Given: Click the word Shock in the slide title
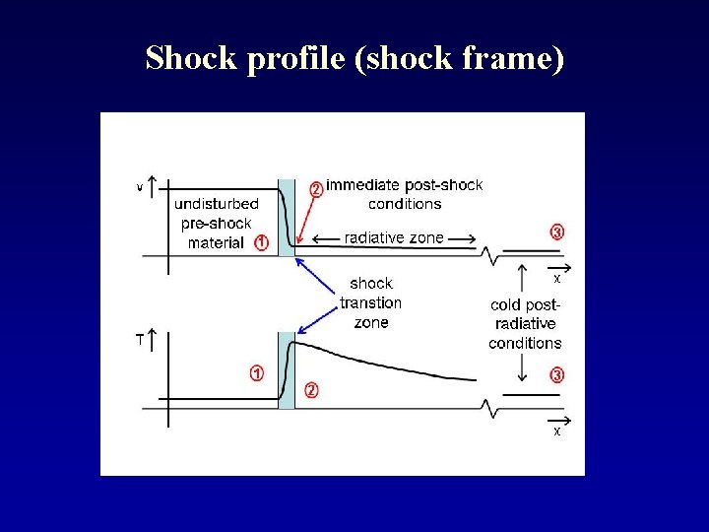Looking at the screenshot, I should [191, 59].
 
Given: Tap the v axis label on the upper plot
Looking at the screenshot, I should [140, 186].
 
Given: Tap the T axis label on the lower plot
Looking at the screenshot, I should [140, 340].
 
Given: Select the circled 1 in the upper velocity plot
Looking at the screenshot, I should [261, 242].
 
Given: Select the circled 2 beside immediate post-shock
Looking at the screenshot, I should [316, 187].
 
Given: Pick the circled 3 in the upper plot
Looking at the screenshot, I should [557, 233].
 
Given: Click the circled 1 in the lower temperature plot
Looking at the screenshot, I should [256, 373].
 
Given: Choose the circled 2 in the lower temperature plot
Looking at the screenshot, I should [311, 390].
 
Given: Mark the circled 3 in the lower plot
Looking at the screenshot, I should [557, 375].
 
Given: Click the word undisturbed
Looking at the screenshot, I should [217, 204].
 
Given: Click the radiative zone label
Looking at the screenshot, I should [394, 237].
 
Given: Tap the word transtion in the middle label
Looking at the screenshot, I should [370, 302].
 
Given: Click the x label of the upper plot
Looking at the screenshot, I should [557, 279].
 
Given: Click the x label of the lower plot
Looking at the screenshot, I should [557, 431].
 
